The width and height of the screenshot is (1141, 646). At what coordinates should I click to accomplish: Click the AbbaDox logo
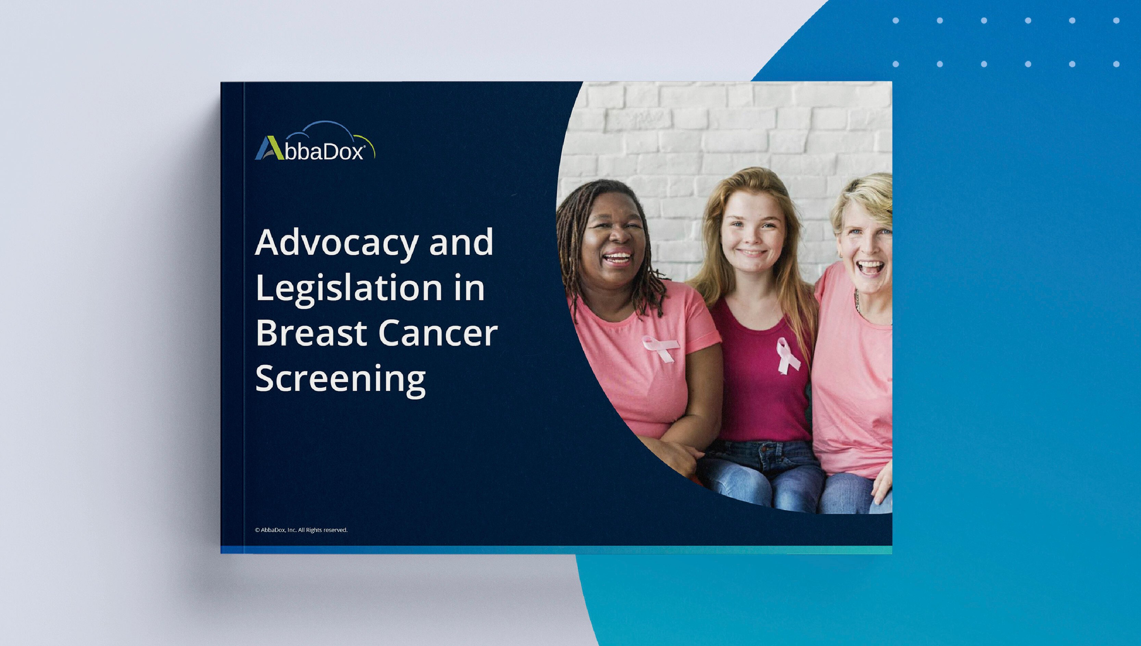[315, 141]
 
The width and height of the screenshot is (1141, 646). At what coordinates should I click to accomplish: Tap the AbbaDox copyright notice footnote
[301, 530]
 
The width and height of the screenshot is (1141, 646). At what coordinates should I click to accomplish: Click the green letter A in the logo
[266, 148]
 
